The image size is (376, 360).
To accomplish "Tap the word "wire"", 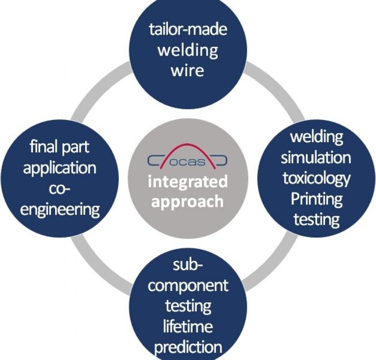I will pos(188,69).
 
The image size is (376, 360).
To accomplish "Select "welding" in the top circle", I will pos(188,50).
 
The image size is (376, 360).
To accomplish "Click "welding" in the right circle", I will pos(316,137).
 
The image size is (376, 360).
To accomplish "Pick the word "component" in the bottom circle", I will pos(188,286).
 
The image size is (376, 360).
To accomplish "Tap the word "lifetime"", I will pos(188,326).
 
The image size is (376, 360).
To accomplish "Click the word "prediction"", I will pos(188,347).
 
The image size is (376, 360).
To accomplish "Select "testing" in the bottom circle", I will pos(188,306).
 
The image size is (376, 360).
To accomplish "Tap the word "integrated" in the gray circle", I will pos(188,182).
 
